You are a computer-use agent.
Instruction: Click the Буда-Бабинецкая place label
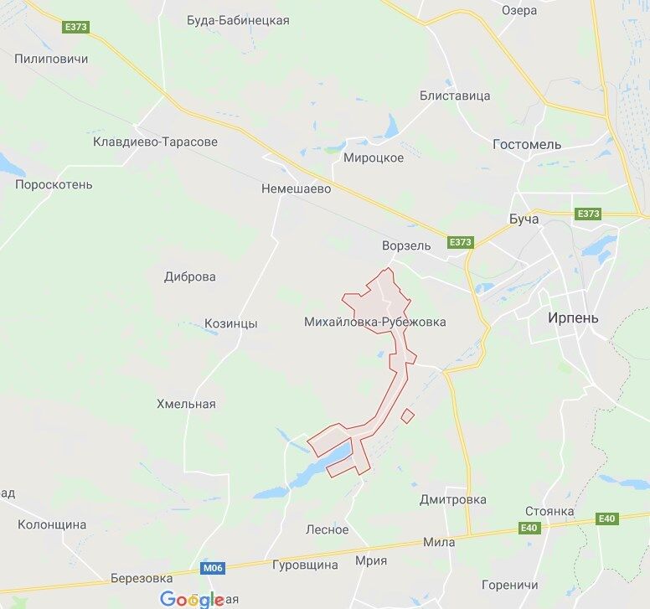(238, 20)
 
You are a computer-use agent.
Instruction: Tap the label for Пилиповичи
(51, 59)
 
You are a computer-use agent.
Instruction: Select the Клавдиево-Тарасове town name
(155, 142)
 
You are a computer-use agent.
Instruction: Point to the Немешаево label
(296, 188)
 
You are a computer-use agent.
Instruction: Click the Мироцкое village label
(374, 157)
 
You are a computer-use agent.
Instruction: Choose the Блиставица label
(455, 95)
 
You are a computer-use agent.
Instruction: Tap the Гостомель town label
(527, 144)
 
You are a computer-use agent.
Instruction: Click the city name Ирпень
(573, 317)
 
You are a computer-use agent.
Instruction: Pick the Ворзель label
(405, 245)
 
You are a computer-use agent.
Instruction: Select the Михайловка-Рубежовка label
(375, 322)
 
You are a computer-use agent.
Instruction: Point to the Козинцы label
(231, 323)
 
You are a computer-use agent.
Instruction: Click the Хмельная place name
(186, 404)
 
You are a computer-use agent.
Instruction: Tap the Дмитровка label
(452, 499)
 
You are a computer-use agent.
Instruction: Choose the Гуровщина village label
(305, 565)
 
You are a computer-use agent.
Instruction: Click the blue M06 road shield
(213, 568)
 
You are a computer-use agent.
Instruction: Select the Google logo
(193, 599)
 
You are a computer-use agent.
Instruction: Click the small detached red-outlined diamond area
(408, 415)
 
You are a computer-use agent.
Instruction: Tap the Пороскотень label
(54, 184)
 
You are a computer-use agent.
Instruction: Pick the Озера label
(519, 11)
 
